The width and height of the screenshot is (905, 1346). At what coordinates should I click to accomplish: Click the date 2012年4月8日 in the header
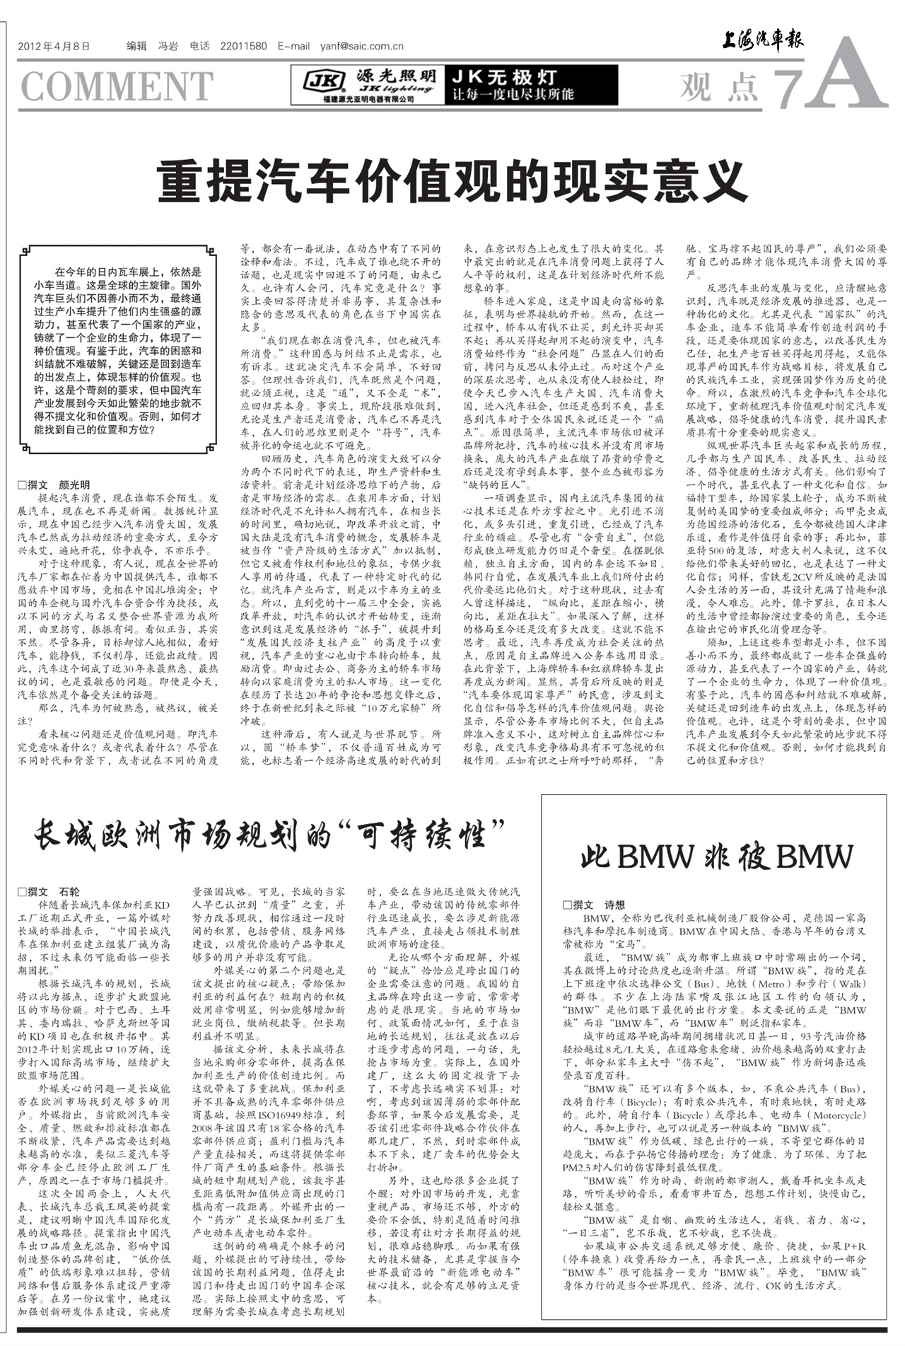(x=54, y=47)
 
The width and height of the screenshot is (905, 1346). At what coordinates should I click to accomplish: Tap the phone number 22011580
(x=243, y=47)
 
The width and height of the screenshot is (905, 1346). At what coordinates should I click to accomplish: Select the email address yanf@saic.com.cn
(x=361, y=47)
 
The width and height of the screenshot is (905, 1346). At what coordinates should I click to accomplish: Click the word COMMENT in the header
(x=117, y=86)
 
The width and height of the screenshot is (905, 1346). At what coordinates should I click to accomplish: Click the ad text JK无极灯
(x=505, y=77)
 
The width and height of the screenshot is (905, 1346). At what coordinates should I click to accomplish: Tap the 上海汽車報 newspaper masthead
(x=762, y=42)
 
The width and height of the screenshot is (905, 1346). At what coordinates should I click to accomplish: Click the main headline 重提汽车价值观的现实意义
(x=452, y=182)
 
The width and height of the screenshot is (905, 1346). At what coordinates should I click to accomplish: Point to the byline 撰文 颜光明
(x=54, y=485)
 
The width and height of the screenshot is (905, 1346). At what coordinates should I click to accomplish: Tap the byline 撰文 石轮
(x=49, y=891)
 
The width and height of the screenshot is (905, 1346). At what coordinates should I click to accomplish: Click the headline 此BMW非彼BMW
(x=717, y=857)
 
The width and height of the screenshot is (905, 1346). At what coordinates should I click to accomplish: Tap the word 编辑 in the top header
(x=136, y=47)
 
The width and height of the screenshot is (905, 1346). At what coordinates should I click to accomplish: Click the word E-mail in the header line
(x=293, y=47)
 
